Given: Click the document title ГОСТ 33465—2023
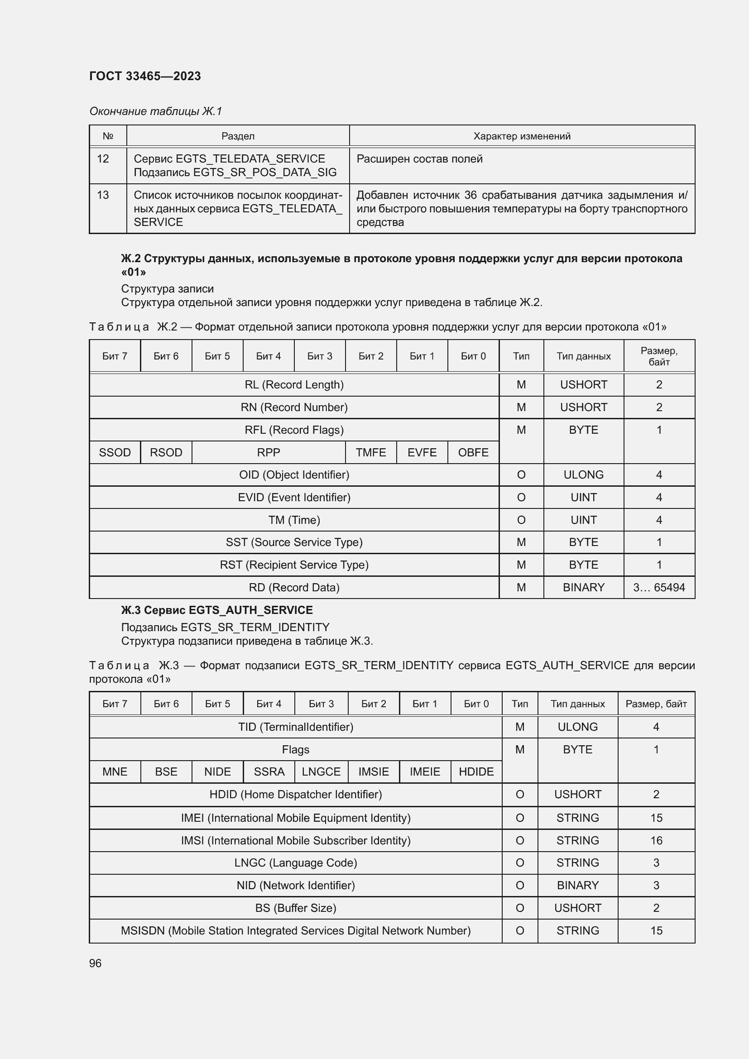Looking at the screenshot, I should (x=145, y=76).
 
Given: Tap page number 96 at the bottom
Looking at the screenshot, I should (x=95, y=963).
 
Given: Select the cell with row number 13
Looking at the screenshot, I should (x=103, y=195).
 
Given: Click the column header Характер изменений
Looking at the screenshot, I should (x=522, y=136).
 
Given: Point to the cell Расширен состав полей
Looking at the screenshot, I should (x=419, y=159).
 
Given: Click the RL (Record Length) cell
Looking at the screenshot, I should (x=294, y=385).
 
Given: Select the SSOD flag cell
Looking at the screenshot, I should (x=115, y=452).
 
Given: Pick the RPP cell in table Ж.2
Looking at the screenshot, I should (x=268, y=452).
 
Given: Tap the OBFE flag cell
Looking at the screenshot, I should (x=473, y=452).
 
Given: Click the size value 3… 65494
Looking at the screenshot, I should (x=658, y=587).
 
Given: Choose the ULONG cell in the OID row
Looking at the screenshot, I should (x=583, y=474).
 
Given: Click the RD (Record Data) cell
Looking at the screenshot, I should (x=294, y=587).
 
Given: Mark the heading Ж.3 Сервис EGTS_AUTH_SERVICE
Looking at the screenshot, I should (x=217, y=610).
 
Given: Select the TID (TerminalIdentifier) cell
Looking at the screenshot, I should (x=296, y=727).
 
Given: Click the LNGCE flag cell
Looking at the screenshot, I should (x=321, y=771).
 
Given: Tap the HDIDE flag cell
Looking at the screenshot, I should (x=476, y=771).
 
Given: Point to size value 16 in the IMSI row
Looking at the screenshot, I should (x=656, y=840).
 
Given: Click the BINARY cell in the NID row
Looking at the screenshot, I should (x=577, y=885).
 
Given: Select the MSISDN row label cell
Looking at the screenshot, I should (x=296, y=930).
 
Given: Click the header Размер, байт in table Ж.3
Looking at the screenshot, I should (x=656, y=704).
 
